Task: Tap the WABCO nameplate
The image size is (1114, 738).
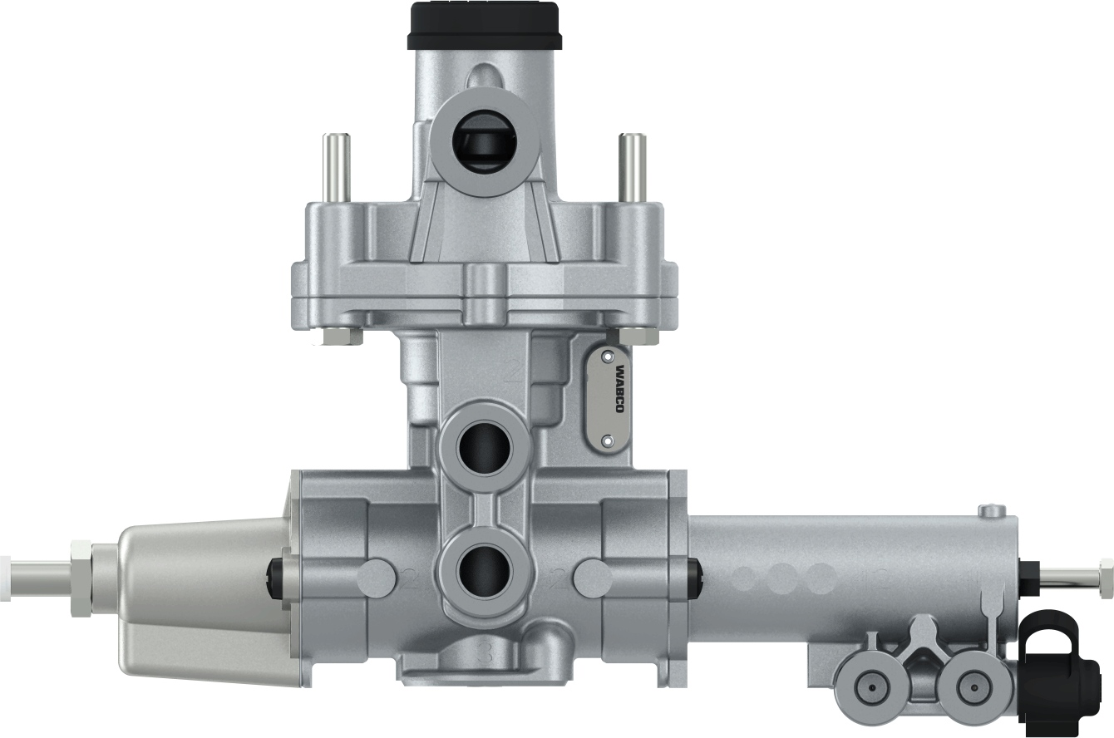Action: click(615, 399)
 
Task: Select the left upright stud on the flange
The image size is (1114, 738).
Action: click(338, 166)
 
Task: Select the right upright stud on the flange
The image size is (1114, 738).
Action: click(633, 166)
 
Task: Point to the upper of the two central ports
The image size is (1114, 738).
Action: click(484, 449)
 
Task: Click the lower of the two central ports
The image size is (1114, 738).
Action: click(484, 571)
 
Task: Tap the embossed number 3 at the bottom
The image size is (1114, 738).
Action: click(487, 653)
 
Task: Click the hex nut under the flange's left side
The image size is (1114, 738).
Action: click(339, 337)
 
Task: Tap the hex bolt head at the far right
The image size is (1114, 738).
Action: click(1105, 574)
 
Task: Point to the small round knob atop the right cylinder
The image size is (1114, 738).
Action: click(992, 509)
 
